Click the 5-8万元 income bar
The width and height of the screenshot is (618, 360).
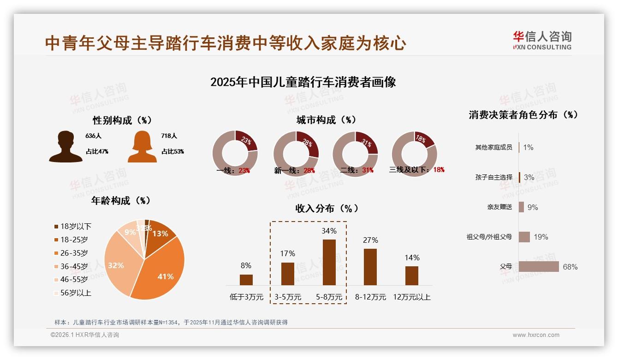[329, 262]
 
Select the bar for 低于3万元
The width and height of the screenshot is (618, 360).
[246, 280]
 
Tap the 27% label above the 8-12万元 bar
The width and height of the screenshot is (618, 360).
[370, 240]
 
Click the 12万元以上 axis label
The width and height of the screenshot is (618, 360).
[411, 297]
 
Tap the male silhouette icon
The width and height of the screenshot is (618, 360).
[65, 146]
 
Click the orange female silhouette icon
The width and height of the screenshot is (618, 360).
[142, 146]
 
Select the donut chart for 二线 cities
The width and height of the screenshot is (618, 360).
[355, 153]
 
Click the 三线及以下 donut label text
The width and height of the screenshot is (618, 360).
[409, 170]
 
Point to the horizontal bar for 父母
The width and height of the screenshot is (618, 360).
[538, 267]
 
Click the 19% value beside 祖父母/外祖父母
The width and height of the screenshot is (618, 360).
[541, 237]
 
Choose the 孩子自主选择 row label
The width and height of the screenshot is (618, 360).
[493, 177]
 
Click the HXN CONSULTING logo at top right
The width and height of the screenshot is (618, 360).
[542, 41]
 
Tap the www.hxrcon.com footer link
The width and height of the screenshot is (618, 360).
[536, 335]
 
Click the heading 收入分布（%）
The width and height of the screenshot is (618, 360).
[327, 208]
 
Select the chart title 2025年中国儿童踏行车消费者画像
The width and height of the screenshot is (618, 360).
[303, 83]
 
